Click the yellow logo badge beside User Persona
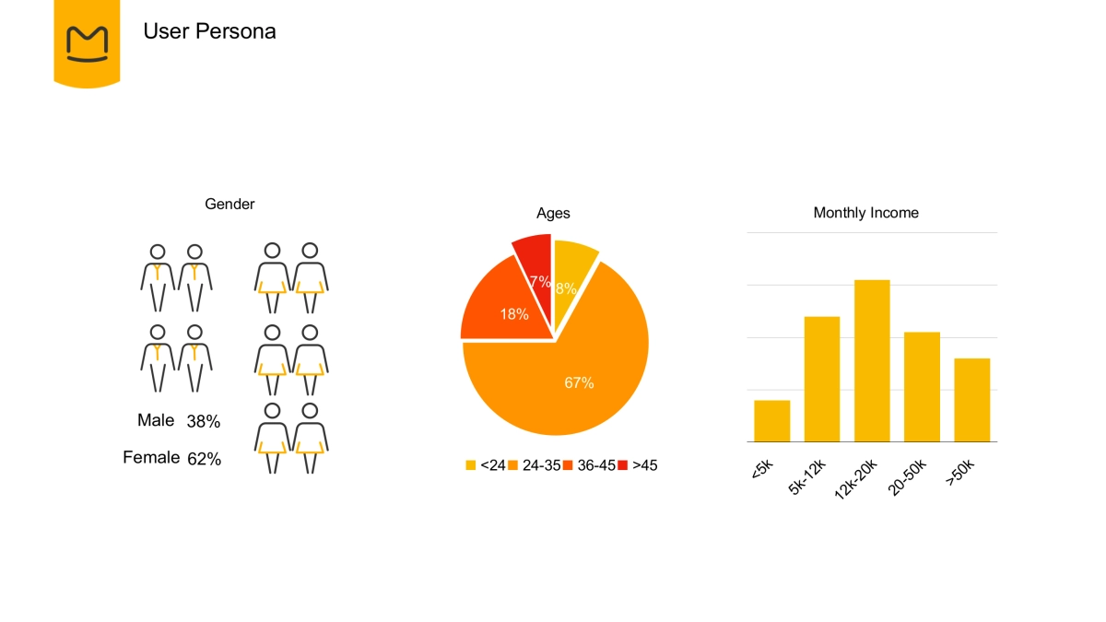pyautogui.click(x=87, y=41)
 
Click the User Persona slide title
pyautogui.click(x=209, y=31)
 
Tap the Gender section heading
pyautogui.click(x=229, y=204)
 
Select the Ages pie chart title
pyautogui.click(x=553, y=213)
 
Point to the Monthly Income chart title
pyautogui.click(x=865, y=213)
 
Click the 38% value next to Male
pyautogui.click(x=204, y=422)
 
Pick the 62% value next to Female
pyautogui.click(x=204, y=459)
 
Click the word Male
pyautogui.click(x=156, y=420)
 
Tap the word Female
pyautogui.click(x=151, y=457)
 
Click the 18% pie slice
pyautogui.click(x=502, y=304)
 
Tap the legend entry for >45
pyautogui.click(x=638, y=465)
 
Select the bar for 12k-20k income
pyautogui.click(x=872, y=360)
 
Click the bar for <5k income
pyautogui.click(x=771, y=421)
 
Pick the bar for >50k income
pyautogui.click(x=971, y=400)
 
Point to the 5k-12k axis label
pyautogui.click(x=808, y=476)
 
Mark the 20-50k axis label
pyautogui.click(x=908, y=476)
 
